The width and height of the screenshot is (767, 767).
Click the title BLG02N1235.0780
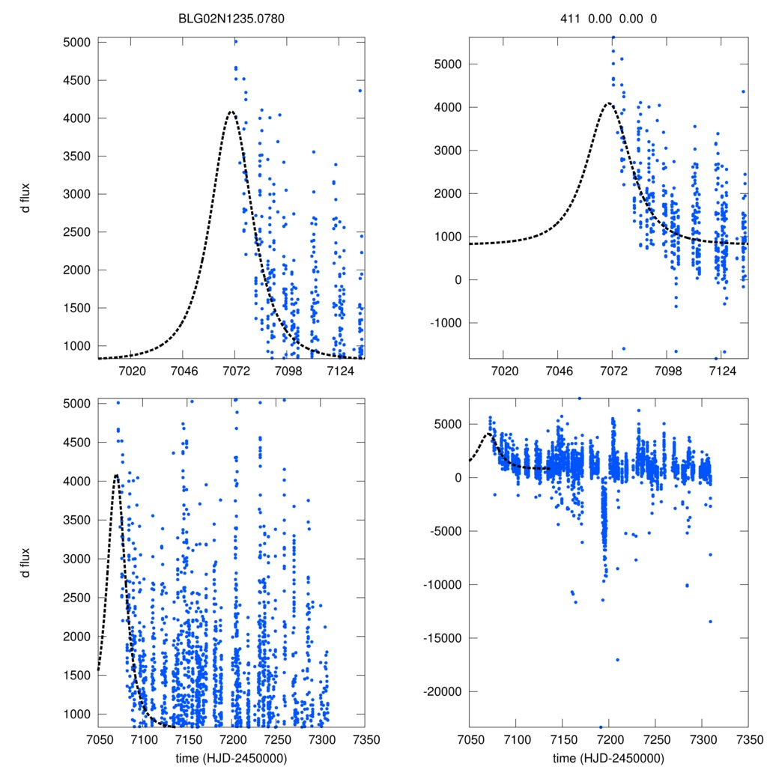[x=231, y=19]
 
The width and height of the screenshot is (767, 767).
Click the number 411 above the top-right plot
[x=570, y=19]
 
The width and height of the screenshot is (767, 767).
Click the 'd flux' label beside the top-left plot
[x=25, y=201]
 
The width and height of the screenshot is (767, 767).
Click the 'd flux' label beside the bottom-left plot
[x=25, y=563]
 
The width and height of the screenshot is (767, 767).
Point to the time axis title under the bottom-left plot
[x=231, y=758]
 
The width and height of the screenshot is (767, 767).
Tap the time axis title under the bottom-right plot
[x=608, y=758]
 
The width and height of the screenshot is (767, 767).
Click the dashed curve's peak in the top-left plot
[x=231, y=112]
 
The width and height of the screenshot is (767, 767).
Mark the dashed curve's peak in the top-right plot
[x=609, y=103]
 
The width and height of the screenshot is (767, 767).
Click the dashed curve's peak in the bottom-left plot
[x=116, y=475]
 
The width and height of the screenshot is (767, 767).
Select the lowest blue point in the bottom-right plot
[x=601, y=727]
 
